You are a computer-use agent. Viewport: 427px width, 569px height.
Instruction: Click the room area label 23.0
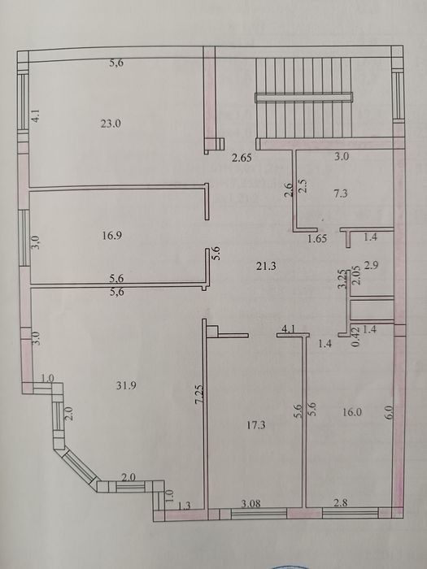[111, 124]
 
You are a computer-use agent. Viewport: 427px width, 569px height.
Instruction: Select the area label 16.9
[112, 236]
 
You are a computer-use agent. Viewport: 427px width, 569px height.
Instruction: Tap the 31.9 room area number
[126, 385]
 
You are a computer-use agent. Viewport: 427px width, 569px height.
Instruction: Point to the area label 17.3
[255, 425]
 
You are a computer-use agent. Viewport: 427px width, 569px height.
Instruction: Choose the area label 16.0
[352, 412]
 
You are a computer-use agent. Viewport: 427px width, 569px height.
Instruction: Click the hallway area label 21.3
[266, 267]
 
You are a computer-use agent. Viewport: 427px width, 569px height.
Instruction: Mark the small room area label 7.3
[341, 193]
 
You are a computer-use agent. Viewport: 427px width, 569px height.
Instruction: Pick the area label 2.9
[372, 265]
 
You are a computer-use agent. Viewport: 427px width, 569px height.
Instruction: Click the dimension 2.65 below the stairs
[242, 159]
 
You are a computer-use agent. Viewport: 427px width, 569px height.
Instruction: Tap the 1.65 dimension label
[317, 238]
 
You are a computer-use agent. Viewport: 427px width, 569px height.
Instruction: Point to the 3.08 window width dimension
[251, 504]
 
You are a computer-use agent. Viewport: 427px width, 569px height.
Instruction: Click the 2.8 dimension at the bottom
[341, 502]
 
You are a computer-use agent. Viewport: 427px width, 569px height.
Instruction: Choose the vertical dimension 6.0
[390, 412]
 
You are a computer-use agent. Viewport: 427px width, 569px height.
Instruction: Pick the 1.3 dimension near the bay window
[185, 506]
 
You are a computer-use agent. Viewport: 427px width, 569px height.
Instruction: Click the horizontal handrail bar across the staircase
[303, 98]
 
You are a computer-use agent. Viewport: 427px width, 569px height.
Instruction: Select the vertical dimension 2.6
[289, 189]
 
